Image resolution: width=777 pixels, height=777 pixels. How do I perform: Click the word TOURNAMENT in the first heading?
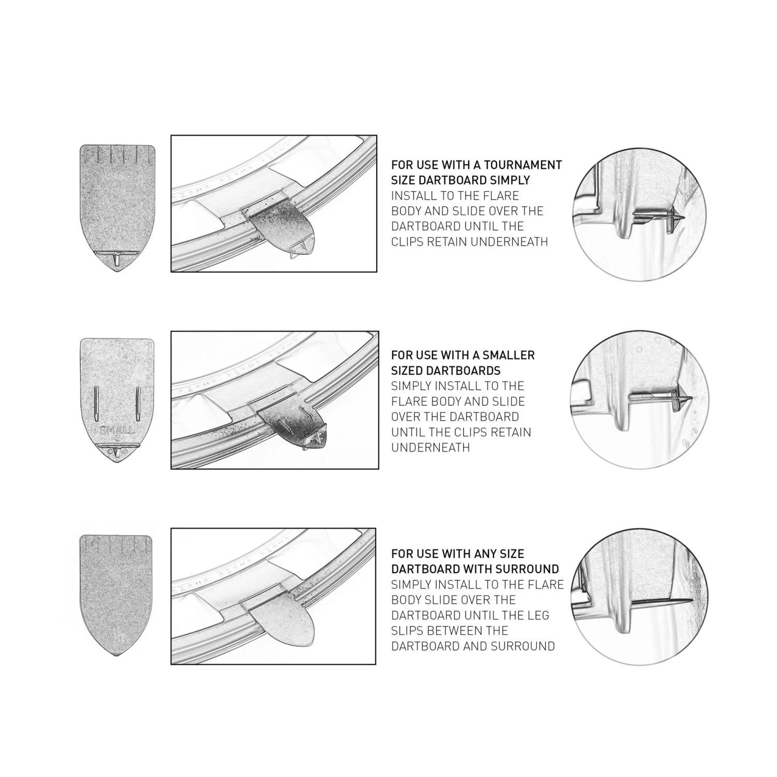pos(524,165)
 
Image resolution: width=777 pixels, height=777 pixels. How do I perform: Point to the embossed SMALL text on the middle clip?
pos(117,430)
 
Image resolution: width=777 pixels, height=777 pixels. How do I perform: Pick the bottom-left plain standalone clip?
pos(116,595)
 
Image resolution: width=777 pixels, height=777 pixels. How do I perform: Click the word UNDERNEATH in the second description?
pos(430,448)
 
